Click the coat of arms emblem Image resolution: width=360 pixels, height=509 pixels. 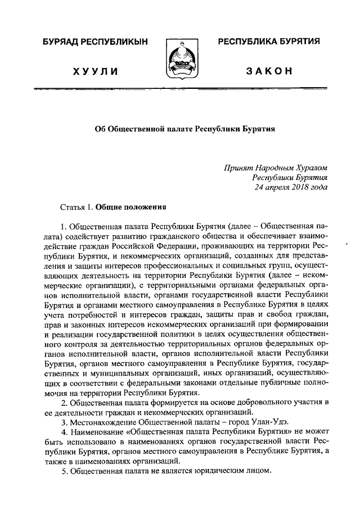pos(180,58)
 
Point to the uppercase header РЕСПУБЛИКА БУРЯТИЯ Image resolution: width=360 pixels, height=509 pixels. pos(269,42)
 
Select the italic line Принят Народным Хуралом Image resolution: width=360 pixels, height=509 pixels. pos(274,167)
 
